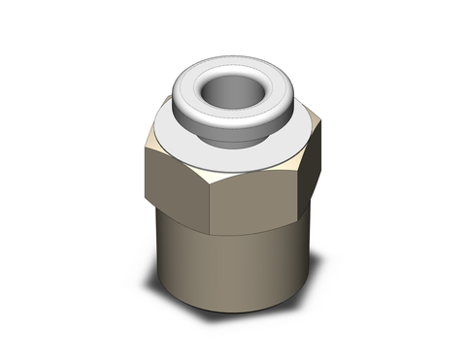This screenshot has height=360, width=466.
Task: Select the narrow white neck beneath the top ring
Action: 225,129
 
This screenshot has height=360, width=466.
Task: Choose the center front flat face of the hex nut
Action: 254,199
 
